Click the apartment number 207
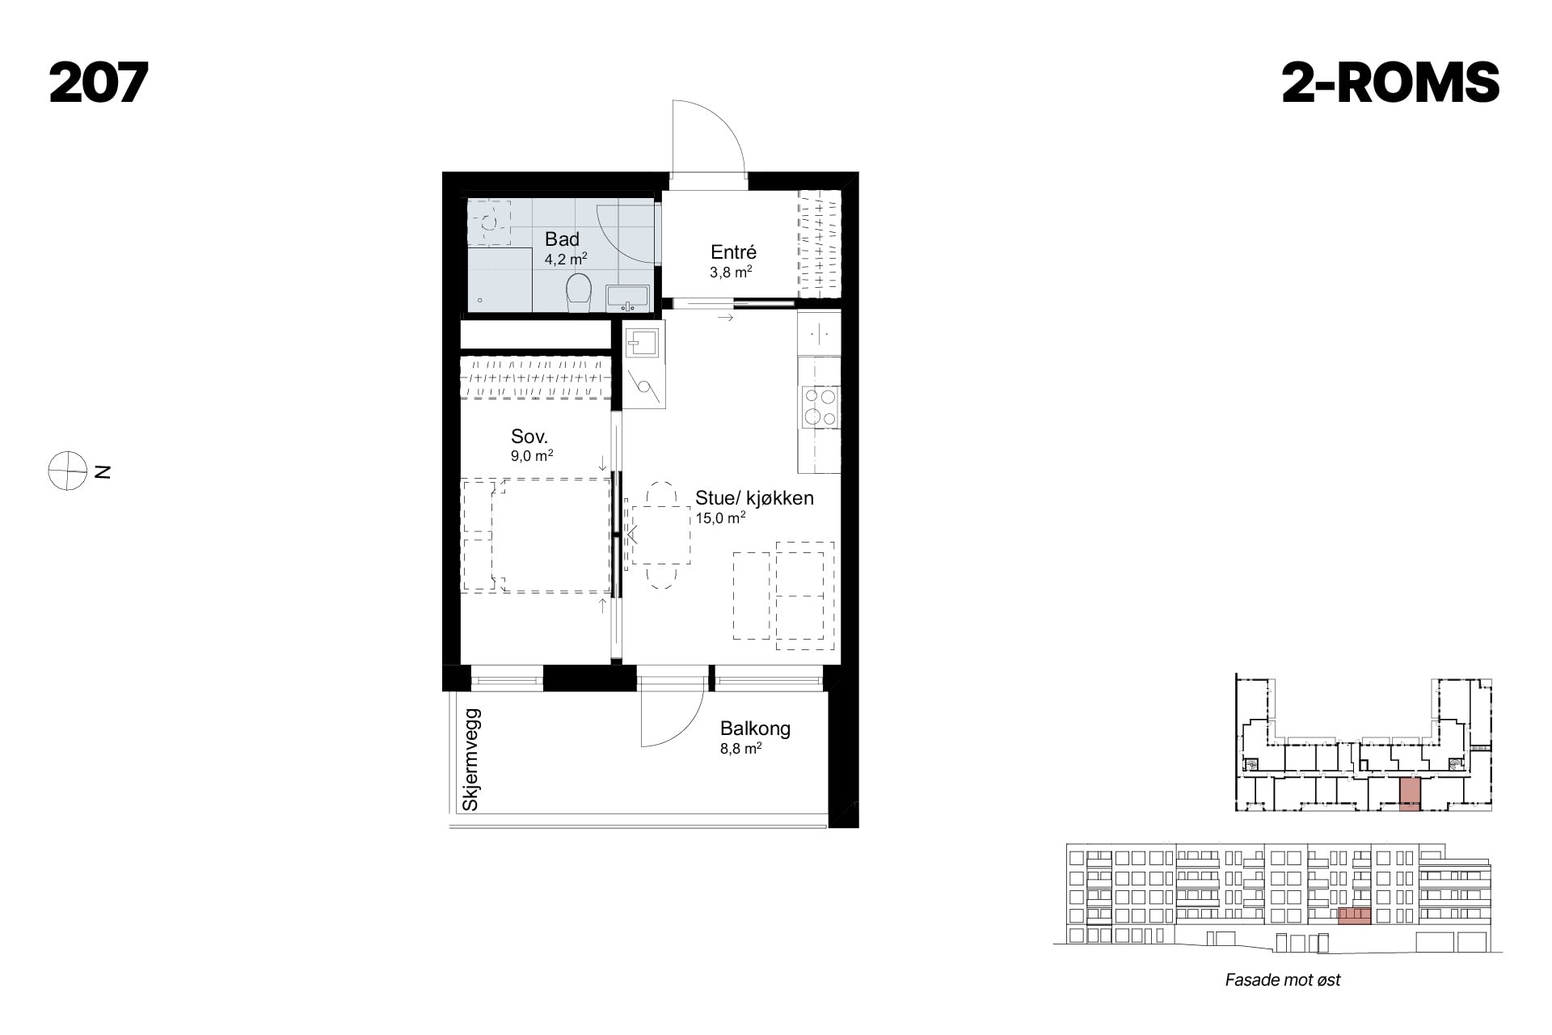99,83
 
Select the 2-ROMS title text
1390,83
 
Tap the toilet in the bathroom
578,293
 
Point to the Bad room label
562,239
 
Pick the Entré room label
733,251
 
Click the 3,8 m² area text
731,272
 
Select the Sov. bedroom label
529,437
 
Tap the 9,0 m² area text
532,456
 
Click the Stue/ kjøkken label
754,498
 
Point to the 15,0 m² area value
720,517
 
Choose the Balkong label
755,729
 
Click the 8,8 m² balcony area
740,749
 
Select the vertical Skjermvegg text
471,760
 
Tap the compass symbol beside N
67,471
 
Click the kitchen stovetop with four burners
819,408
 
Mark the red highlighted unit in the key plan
1410,794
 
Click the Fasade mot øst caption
1283,980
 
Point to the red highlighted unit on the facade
1354,916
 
